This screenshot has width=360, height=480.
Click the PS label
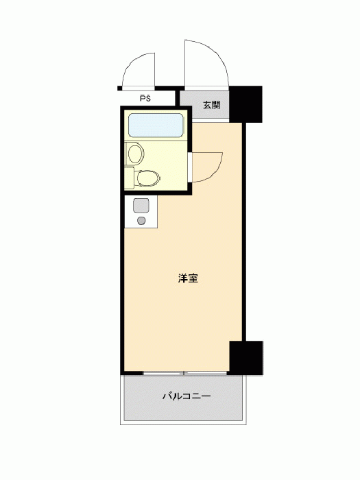pyautogui.click(x=145, y=99)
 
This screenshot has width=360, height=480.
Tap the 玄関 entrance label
pyautogui.click(x=211, y=105)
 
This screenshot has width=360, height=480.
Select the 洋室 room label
pyautogui.click(x=188, y=278)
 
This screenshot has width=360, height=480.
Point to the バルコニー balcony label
pyautogui.click(x=187, y=396)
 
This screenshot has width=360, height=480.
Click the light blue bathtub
pyautogui.click(x=156, y=125)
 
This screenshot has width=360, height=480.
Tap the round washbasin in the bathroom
pyautogui.click(x=135, y=154)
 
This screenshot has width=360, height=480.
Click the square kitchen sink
pyautogui.click(x=141, y=205)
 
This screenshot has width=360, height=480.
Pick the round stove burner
pyautogui.click(x=141, y=221)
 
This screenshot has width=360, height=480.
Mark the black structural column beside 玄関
pyautogui.click(x=245, y=104)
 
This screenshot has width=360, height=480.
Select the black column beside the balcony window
pyautogui.click(x=246, y=358)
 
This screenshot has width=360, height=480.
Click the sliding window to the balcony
pyautogui.click(x=184, y=373)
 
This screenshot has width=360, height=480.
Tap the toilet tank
pyautogui.click(x=129, y=178)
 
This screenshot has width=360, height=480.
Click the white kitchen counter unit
pyautogui.click(x=141, y=212)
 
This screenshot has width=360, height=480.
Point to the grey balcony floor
pyautogui.click(x=183, y=398)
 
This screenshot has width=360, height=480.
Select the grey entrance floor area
pyautogui.click(x=204, y=105)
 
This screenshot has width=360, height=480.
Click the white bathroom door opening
pyautogui.click(x=190, y=167)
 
